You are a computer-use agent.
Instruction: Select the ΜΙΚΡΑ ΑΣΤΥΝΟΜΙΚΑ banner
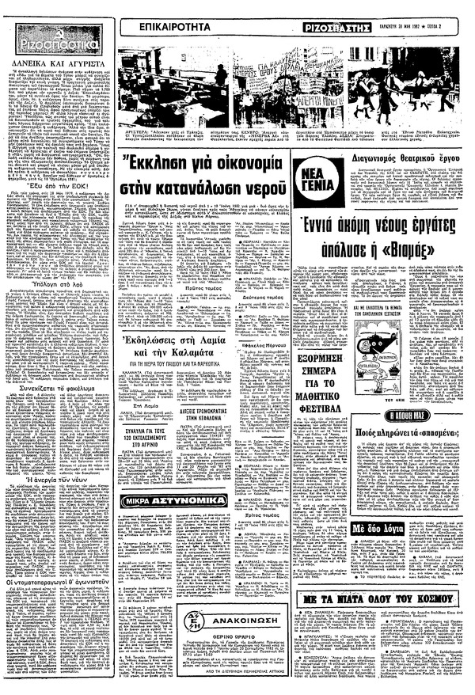pyautogui.click(x=168, y=499)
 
